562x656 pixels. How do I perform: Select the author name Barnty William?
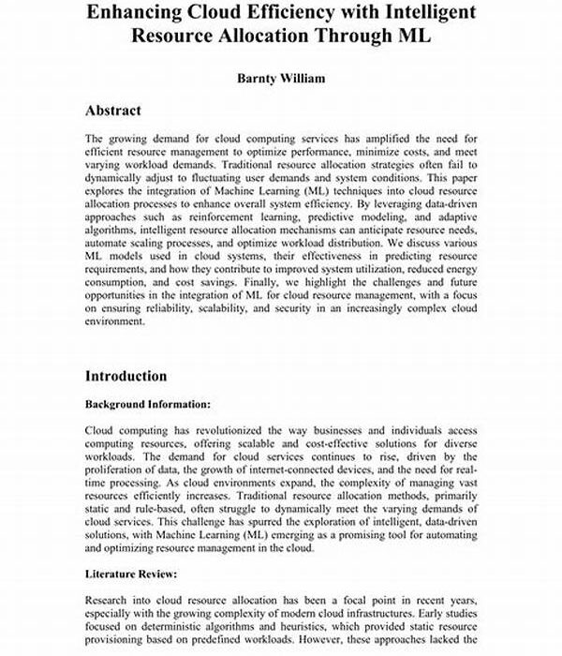pyautogui.click(x=280, y=78)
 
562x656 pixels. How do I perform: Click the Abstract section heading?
pyautogui.click(x=113, y=111)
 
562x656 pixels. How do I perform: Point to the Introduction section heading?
pyautogui.click(x=126, y=376)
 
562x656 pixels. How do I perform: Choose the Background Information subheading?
pyautogui.click(x=148, y=405)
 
